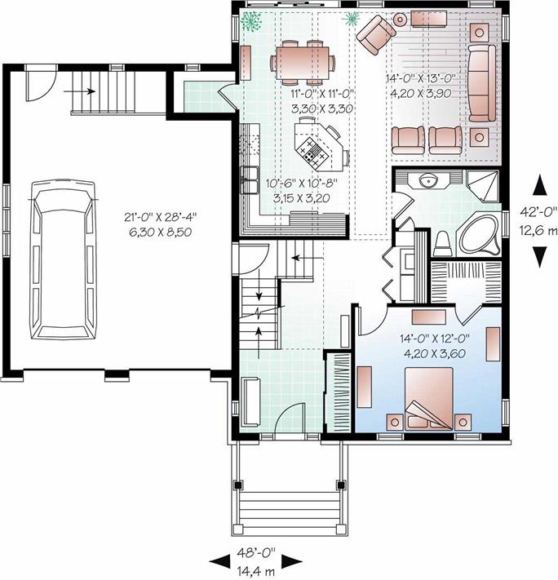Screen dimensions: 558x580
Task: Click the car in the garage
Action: [x=64, y=259]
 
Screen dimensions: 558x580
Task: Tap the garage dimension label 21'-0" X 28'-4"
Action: [x=160, y=216]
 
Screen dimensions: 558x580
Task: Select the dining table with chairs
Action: [x=303, y=62]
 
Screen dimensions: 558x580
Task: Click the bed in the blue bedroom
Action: [x=429, y=399]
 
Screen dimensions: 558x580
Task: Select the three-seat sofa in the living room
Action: [x=482, y=83]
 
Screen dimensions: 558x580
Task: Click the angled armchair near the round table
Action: [x=375, y=34]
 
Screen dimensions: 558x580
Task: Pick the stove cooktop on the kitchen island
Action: [x=312, y=153]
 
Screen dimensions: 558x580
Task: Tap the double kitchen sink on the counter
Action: [x=250, y=180]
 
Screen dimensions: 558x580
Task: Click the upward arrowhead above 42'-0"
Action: [x=540, y=185]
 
